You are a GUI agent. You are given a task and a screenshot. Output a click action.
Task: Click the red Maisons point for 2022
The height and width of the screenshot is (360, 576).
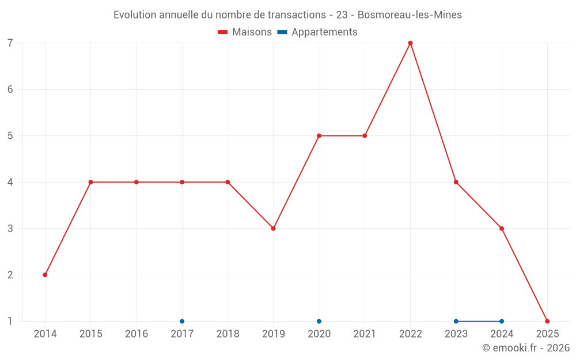click(410, 43)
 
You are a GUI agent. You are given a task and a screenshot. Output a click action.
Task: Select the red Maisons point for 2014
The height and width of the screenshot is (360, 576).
click(45, 275)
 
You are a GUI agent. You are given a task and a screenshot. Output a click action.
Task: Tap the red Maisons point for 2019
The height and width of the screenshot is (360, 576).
click(273, 229)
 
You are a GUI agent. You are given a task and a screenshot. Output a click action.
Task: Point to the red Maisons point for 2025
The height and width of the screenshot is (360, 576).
click(547, 321)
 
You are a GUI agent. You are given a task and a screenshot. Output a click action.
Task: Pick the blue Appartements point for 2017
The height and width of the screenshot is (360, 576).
click(182, 321)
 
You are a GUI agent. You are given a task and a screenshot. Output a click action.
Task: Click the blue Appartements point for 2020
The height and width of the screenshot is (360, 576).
click(319, 321)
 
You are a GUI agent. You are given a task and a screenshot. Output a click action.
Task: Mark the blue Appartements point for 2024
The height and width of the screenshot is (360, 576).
click(502, 321)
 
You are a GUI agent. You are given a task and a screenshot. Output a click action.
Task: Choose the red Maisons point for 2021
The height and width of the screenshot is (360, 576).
click(365, 136)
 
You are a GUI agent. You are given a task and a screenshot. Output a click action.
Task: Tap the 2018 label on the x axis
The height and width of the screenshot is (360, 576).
click(228, 334)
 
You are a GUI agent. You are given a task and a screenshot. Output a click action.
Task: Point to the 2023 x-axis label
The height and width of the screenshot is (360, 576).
click(456, 334)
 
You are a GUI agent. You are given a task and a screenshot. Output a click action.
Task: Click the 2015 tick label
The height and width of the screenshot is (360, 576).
click(90, 334)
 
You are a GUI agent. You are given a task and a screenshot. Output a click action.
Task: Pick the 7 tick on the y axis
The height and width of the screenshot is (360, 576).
click(10, 43)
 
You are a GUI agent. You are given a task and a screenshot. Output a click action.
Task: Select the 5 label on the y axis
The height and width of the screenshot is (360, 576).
click(10, 136)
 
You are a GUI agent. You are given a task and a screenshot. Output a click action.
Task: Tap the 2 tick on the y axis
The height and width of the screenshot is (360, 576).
click(10, 275)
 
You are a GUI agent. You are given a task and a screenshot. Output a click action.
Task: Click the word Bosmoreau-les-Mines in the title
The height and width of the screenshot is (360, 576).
click(410, 15)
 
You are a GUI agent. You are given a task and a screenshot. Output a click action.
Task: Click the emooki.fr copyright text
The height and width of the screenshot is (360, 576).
click(526, 348)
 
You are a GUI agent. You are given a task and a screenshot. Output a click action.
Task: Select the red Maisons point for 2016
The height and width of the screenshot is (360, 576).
click(137, 182)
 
